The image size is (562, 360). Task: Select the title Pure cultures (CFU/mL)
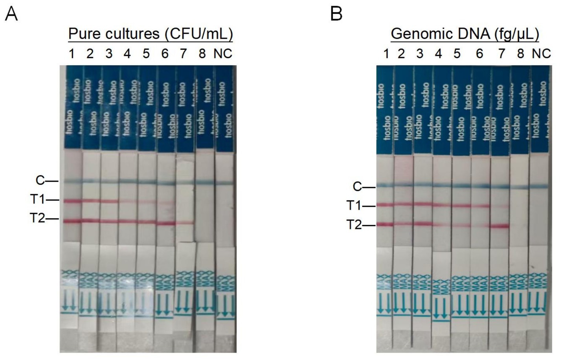click(x=151, y=34)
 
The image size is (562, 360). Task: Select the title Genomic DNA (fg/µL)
click(x=465, y=34)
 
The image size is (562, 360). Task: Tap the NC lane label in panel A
click(x=223, y=53)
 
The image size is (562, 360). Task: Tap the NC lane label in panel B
click(x=541, y=53)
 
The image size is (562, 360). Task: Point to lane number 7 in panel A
click(x=183, y=53)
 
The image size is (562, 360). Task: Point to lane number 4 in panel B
click(x=439, y=53)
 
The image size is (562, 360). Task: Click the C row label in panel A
click(x=40, y=180)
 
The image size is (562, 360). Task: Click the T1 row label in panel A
click(x=38, y=200)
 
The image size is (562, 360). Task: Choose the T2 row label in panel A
click(x=38, y=218)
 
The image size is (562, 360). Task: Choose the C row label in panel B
click(x=357, y=187)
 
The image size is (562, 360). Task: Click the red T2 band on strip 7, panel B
click(x=500, y=226)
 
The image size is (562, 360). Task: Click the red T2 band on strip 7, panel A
click(x=185, y=222)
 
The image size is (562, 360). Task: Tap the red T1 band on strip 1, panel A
click(x=72, y=201)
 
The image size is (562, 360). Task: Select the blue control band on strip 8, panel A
click(x=204, y=182)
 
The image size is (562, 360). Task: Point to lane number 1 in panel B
click(x=386, y=53)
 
